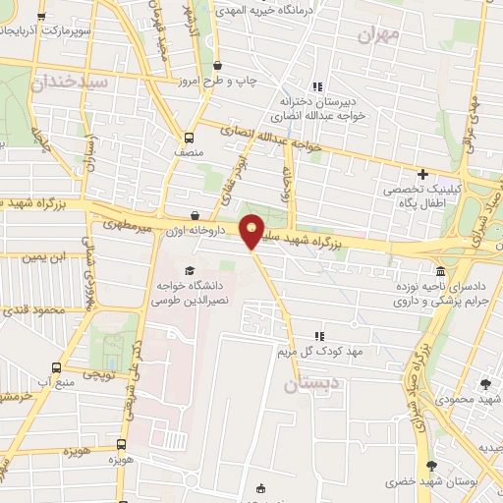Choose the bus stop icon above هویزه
[121, 445]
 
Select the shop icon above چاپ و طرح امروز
[216, 66]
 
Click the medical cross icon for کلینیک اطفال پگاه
[422, 174]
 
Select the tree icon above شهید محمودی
[485, 383]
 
